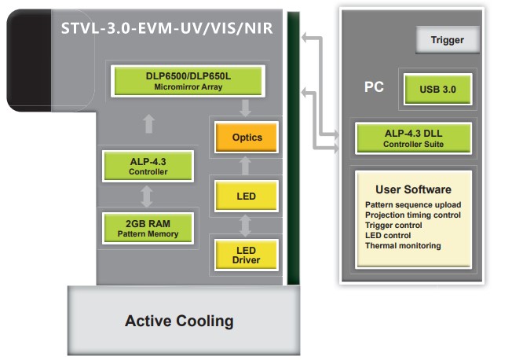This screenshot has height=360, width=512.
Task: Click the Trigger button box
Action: point(448,40)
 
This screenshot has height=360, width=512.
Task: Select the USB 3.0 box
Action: point(437,89)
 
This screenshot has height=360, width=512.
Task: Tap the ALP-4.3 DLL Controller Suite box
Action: point(413,138)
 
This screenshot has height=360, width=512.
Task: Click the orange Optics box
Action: point(247,138)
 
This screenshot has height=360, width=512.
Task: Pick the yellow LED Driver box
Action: point(247,255)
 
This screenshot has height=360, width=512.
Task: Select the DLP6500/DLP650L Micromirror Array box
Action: point(189,81)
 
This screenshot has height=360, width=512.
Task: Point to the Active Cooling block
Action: point(179,321)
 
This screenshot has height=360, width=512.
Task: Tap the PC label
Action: point(375,86)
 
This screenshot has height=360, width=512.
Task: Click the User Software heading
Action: point(413,189)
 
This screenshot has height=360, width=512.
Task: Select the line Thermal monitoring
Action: point(403,246)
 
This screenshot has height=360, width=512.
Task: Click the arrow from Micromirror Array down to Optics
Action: point(246,106)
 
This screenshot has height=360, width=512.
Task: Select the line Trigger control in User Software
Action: point(393,226)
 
